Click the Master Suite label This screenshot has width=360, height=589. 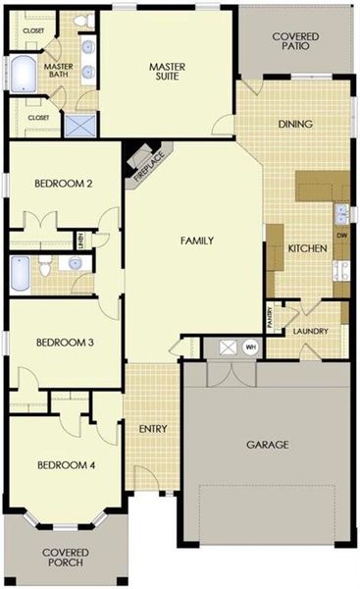(169, 73)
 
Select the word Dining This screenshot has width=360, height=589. (295, 124)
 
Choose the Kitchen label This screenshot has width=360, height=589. (306, 248)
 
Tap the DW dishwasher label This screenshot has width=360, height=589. (341, 237)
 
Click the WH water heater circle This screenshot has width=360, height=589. (250, 347)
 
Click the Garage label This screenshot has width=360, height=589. (267, 445)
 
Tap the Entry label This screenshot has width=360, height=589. (152, 428)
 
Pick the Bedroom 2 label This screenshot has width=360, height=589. (64, 184)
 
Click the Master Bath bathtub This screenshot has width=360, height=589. (21, 74)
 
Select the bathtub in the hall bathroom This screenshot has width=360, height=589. (21, 274)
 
